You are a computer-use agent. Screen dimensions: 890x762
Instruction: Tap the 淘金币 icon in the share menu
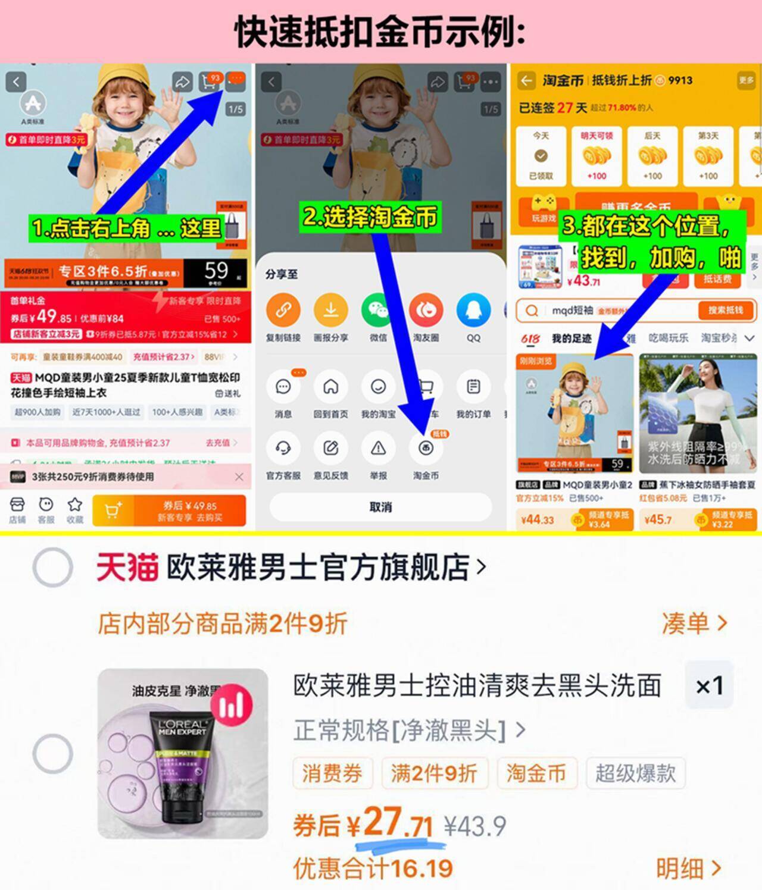(426, 449)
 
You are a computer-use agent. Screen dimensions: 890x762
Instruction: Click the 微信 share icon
(378, 310)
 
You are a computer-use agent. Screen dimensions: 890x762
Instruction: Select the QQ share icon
(473, 310)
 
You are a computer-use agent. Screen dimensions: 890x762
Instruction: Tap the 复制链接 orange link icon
(283, 310)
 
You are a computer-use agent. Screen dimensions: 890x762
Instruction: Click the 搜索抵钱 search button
(724, 310)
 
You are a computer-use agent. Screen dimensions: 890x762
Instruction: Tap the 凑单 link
(694, 623)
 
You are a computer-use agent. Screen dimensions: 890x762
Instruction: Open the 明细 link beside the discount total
(688, 869)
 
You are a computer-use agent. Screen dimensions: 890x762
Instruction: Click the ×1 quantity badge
(709, 685)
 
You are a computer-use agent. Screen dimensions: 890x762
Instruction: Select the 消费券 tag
(332, 773)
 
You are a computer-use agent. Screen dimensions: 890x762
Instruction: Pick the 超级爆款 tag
(635, 773)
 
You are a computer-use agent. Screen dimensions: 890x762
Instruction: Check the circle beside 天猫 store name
(52, 568)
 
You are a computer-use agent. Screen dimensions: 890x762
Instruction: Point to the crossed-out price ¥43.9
(475, 826)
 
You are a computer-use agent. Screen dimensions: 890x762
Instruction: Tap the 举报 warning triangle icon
(378, 449)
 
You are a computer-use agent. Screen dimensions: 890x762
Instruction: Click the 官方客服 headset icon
(283, 449)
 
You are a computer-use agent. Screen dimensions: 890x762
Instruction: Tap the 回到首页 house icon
(330, 387)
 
